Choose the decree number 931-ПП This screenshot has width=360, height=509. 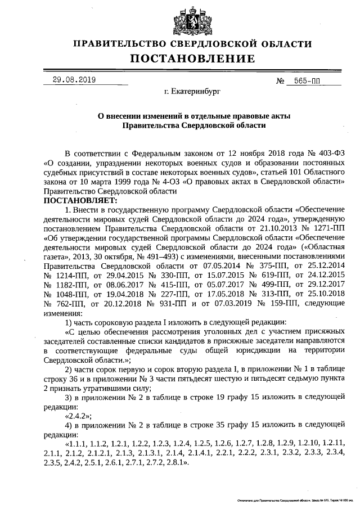168,304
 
